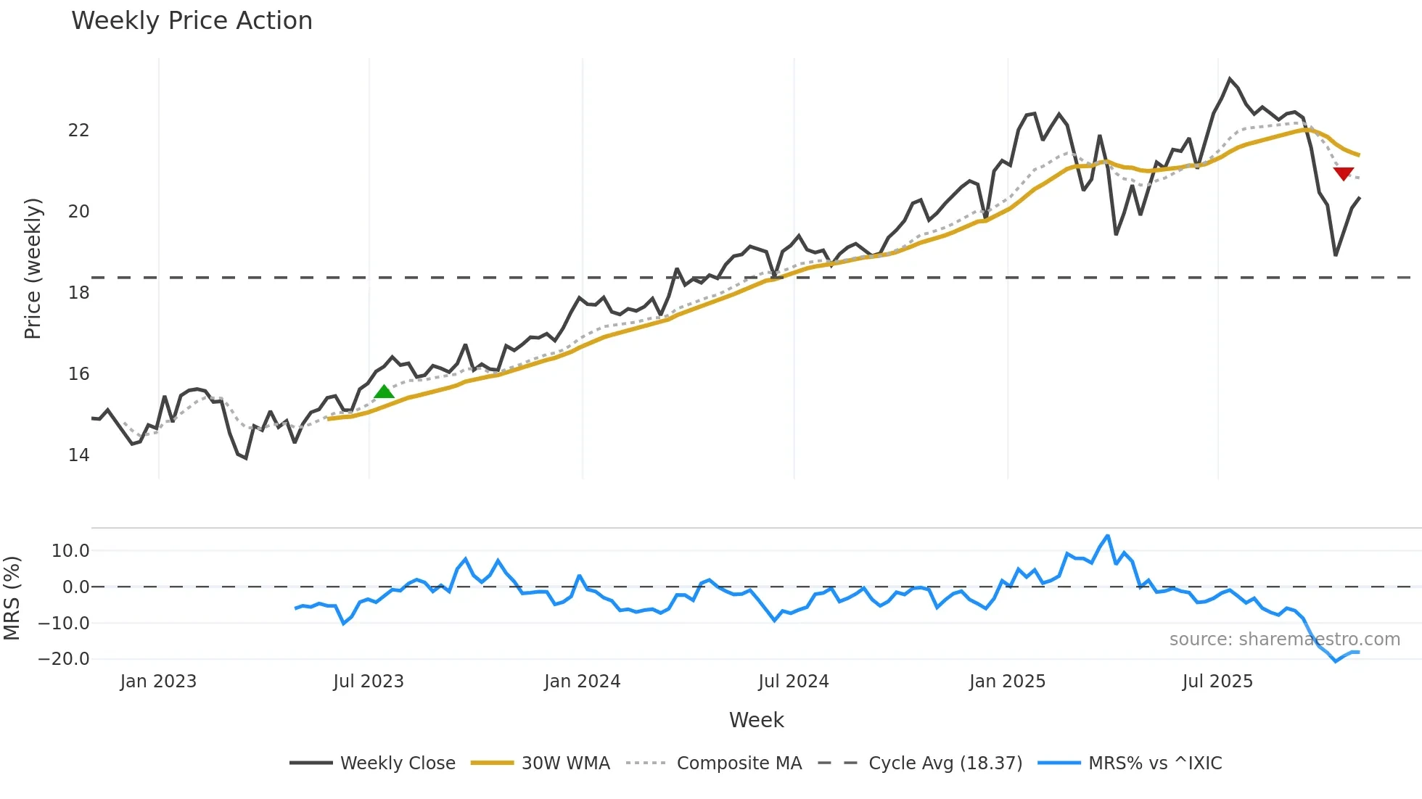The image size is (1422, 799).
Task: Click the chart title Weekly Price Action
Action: (192, 21)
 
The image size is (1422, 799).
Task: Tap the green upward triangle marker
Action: (384, 392)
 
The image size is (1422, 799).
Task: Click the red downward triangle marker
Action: (1344, 173)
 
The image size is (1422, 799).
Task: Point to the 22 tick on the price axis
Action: (78, 131)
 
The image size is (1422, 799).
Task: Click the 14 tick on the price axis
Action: (78, 455)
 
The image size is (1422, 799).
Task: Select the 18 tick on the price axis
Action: (78, 293)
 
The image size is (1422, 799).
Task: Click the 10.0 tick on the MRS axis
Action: (70, 551)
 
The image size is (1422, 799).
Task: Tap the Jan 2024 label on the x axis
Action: (583, 682)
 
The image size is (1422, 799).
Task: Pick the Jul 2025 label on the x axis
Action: (1217, 682)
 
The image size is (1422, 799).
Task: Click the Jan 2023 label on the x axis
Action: (158, 682)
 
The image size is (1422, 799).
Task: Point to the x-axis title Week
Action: (756, 720)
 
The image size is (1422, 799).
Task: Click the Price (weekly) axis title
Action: (33, 268)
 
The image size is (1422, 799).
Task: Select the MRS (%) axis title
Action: (12, 598)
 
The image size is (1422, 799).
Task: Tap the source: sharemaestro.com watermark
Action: (1284, 639)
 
